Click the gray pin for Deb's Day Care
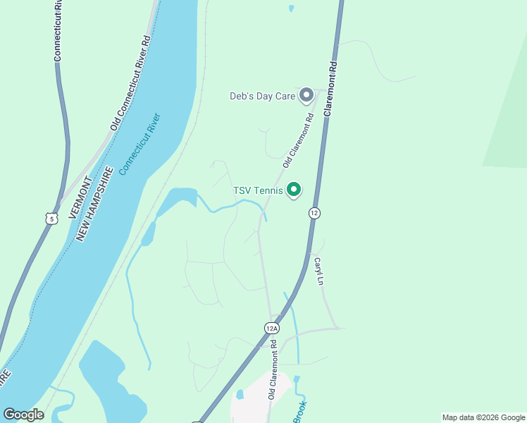(x=306, y=94)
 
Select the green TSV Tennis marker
(x=294, y=190)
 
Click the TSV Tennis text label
(x=258, y=190)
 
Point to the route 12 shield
(x=314, y=213)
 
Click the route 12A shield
(x=273, y=328)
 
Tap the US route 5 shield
(x=51, y=219)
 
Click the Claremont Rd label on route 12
(x=330, y=88)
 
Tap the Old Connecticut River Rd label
(x=131, y=82)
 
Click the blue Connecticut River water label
(x=139, y=144)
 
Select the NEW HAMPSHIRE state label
(x=95, y=204)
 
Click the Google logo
(x=23, y=414)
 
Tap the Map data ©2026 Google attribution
(x=483, y=417)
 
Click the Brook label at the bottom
(x=300, y=412)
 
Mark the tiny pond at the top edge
(x=291, y=8)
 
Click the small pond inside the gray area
(x=240, y=394)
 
